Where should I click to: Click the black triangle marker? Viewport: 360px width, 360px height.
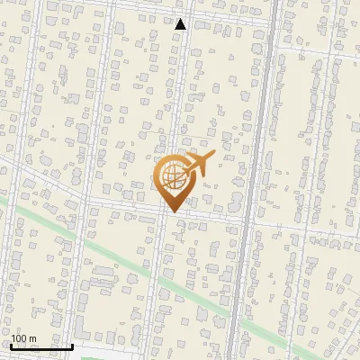click(x=181, y=24)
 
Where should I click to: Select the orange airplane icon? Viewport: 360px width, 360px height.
click(x=198, y=164)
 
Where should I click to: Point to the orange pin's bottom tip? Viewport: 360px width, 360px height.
click(x=171, y=212)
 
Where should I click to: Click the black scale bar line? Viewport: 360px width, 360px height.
click(x=41, y=346)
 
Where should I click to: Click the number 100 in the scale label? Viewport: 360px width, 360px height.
click(x=20, y=338)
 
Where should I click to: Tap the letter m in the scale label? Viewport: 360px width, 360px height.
click(x=33, y=338)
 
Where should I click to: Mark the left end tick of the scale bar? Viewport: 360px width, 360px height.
click(x=11, y=346)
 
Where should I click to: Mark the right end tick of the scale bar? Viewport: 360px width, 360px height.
click(x=72, y=346)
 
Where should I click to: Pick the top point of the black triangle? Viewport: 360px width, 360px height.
click(x=181, y=19)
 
